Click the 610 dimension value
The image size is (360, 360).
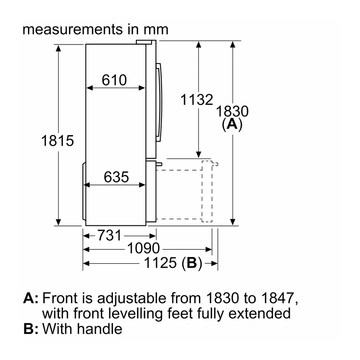114,80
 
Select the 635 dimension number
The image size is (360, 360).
116,177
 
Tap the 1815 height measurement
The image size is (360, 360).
58,140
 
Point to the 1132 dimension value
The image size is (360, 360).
197,99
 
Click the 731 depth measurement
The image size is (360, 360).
109,235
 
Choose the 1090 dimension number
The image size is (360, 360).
144,248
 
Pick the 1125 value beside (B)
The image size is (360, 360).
160,263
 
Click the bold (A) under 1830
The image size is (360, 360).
232,124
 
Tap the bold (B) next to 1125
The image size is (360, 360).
192,263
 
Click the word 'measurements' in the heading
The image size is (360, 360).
73,30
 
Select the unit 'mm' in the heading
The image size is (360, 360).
156,30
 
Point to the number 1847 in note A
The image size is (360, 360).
278,298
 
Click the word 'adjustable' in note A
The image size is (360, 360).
131,298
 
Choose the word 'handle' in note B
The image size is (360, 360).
99,329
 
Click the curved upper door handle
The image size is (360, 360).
159,102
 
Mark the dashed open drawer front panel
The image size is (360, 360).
207,191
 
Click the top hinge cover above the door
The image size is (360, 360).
144,42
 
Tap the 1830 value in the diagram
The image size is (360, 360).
232,111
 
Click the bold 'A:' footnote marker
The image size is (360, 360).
31,298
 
